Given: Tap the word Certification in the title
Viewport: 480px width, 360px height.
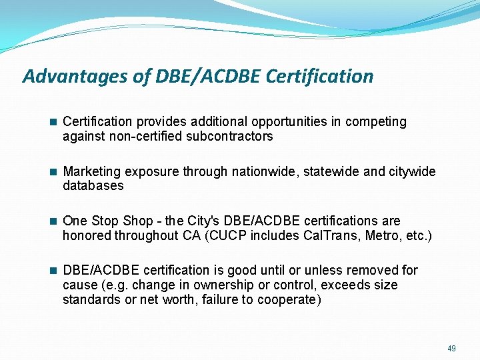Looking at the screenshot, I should (x=319, y=77).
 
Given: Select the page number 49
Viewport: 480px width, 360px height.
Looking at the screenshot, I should (x=451, y=348).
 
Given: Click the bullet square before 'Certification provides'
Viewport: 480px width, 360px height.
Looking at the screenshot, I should (x=53, y=122).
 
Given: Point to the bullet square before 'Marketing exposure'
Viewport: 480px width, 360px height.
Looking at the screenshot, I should (x=53, y=171).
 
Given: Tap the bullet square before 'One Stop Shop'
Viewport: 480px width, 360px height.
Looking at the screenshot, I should (x=53, y=221).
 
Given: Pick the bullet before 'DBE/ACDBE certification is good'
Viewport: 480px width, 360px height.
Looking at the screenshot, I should (x=53, y=270).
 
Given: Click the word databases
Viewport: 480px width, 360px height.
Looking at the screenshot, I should (x=93, y=186).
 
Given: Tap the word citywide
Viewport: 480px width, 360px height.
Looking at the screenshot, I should (x=411, y=171).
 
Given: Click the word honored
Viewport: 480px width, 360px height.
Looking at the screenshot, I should (x=87, y=235).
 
